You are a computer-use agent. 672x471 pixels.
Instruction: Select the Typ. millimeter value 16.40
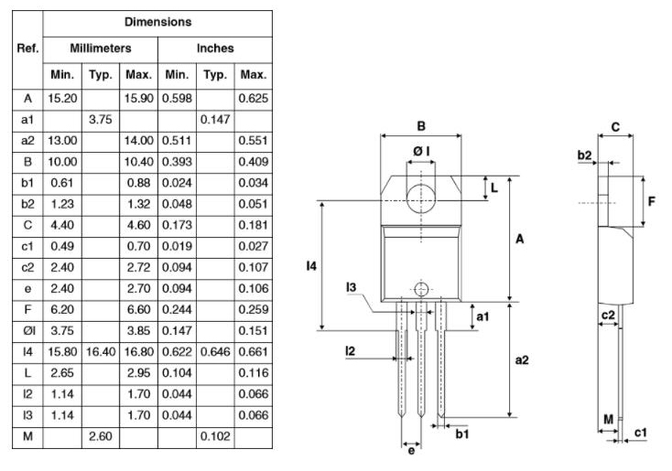pyautogui.click(x=100, y=350)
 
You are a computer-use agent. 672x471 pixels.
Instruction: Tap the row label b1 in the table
pyautogui.click(x=27, y=182)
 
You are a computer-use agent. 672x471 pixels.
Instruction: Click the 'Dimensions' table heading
pyautogui.click(x=158, y=20)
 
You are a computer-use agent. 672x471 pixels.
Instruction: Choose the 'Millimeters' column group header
pyautogui.click(x=101, y=48)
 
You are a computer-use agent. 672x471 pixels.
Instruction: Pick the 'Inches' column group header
pyautogui.click(x=215, y=48)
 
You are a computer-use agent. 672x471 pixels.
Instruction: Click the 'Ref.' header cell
pyautogui.click(x=27, y=48)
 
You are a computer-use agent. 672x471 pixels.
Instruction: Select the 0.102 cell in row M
pyautogui.click(x=215, y=438)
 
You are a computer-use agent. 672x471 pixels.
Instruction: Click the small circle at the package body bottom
pyautogui.click(x=420, y=289)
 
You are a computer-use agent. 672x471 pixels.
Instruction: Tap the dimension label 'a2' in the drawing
pyautogui.click(x=522, y=359)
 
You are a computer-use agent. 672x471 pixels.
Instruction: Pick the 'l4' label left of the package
pyautogui.click(x=311, y=266)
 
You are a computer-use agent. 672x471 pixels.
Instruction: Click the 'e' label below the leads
pyautogui.click(x=412, y=451)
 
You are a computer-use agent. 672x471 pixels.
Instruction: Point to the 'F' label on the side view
pyautogui.click(x=652, y=198)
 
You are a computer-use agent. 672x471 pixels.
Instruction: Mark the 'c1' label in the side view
pyautogui.click(x=641, y=432)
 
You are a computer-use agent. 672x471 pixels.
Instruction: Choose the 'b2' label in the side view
pyautogui.click(x=584, y=155)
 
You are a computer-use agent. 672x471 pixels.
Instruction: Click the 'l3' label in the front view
pyautogui.click(x=351, y=288)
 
